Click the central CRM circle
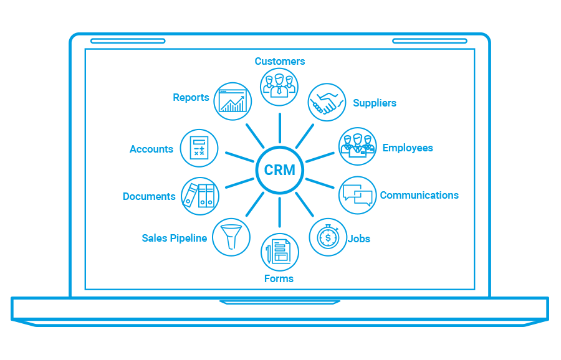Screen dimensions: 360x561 (x=280, y=170)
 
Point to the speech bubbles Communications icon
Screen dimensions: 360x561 (x=358, y=195)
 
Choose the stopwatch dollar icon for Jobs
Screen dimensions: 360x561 (x=328, y=237)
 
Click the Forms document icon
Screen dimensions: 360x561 (x=280, y=252)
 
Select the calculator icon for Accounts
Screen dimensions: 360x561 (x=199, y=148)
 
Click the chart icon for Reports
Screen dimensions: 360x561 (x=233, y=101)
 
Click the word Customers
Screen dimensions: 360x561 (x=280, y=61)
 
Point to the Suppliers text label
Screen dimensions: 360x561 (x=375, y=103)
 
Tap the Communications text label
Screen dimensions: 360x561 (x=419, y=195)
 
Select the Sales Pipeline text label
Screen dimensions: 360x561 (x=175, y=238)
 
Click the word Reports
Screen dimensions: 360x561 (x=191, y=97)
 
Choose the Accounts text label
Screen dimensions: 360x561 (x=151, y=149)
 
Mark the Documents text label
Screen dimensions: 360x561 (x=149, y=196)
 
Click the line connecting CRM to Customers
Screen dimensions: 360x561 (x=280, y=128)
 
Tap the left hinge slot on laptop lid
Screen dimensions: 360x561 (x=128, y=41)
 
